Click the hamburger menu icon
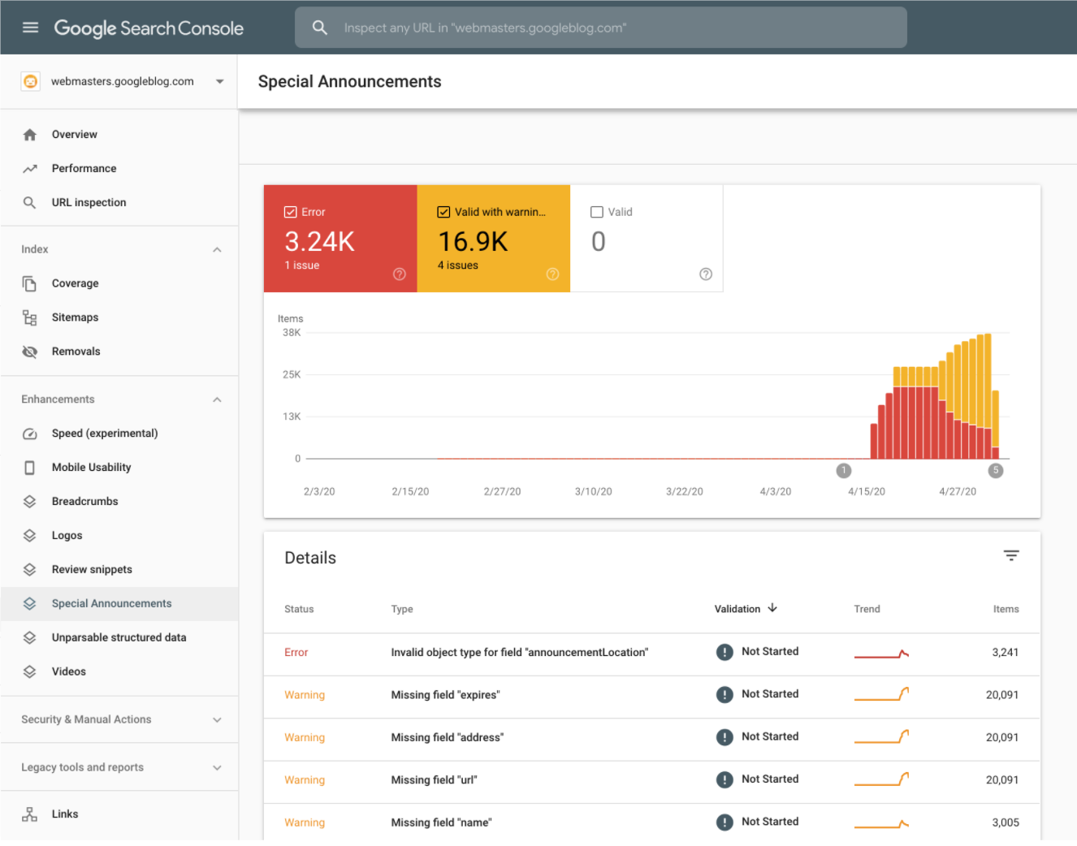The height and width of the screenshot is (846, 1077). coord(31,28)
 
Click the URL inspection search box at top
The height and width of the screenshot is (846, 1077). coord(601,28)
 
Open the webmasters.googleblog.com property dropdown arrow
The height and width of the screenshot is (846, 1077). coord(219,81)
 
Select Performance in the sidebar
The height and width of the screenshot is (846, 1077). coord(84,169)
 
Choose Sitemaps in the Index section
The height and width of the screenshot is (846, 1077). coord(75,317)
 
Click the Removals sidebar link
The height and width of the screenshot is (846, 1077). coord(76,352)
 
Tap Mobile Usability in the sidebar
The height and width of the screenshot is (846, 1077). coord(91,468)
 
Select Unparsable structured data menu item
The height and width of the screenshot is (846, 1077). coord(119,638)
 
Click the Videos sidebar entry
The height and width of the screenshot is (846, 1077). coord(68,672)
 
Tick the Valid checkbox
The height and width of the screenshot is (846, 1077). coord(597,212)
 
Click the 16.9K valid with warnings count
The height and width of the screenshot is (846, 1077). coord(473,242)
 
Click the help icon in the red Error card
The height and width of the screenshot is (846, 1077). coord(399,274)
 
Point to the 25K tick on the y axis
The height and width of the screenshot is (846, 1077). coord(292,375)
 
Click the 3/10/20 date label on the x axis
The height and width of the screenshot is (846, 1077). coord(593,492)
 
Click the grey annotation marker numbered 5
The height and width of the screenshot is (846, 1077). coord(995,471)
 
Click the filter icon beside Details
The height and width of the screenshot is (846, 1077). coord(1010,556)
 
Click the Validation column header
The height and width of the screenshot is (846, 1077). coord(737,609)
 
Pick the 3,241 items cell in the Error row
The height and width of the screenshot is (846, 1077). coord(1004,653)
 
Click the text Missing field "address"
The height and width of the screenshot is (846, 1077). coord(447,738)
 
